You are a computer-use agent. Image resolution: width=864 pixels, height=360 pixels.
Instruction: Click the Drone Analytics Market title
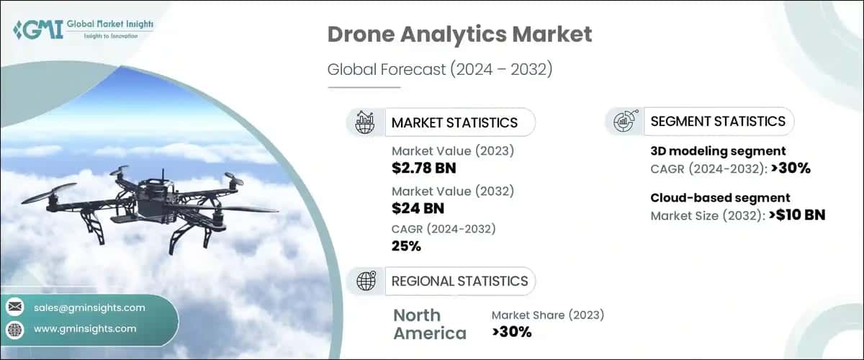(459, 35)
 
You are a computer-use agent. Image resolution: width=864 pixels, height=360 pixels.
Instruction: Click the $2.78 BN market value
(424, 169)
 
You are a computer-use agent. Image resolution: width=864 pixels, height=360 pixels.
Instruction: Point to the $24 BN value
(418, 209)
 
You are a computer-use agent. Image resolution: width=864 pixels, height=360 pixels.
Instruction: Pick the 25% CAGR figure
(406, 246)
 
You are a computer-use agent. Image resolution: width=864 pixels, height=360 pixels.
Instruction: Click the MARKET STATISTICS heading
(454, 122)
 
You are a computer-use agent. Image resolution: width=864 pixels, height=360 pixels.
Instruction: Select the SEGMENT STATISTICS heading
(717, 122)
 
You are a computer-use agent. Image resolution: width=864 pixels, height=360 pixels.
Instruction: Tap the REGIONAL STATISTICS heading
(459, 281)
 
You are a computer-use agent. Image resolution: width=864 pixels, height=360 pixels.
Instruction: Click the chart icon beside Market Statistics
(365, 122)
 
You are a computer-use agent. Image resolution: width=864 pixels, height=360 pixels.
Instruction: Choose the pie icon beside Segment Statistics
(624, 122)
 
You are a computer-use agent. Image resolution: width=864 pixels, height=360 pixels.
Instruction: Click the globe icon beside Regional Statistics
(365, 281)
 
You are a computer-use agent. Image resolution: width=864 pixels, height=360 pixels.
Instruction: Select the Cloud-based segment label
(720, 197)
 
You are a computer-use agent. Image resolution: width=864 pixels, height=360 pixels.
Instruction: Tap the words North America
(430, 324)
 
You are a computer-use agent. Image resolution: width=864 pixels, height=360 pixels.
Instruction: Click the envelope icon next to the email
(14, 307)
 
